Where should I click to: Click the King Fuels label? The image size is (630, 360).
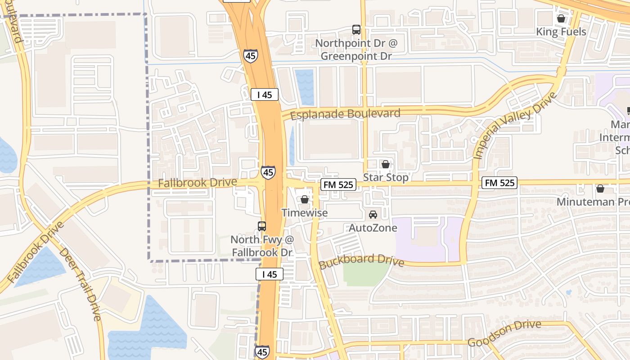tap(561, 32)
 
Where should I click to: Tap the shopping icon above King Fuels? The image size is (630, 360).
tap(561, 18)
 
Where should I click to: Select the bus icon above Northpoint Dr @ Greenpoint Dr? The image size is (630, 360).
tap(356, 30)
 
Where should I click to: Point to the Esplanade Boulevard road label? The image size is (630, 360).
tap(345, 113)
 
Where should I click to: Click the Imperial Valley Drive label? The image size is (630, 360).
tap(515, 126)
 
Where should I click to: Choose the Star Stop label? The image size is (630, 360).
tap(386, 177)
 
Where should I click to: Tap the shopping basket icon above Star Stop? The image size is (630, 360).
tap(386, 164)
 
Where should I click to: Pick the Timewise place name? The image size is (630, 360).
tap(305, 212)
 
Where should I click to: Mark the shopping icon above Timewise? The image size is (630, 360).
tap(305, 199)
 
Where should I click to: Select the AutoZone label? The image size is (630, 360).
tap(373, 228)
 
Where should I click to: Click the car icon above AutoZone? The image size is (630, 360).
tap(373, 215)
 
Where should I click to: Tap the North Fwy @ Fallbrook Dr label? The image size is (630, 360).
tap(262, 246)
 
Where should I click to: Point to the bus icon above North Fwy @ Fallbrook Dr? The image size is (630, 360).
tap(262, 226)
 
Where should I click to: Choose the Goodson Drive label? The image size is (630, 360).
tap(504, 333)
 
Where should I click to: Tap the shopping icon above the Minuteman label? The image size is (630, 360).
tap(600, 189)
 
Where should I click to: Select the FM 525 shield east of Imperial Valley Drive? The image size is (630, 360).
tap(499, 183)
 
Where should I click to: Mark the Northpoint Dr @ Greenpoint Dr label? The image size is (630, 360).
tap(356, 49)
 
